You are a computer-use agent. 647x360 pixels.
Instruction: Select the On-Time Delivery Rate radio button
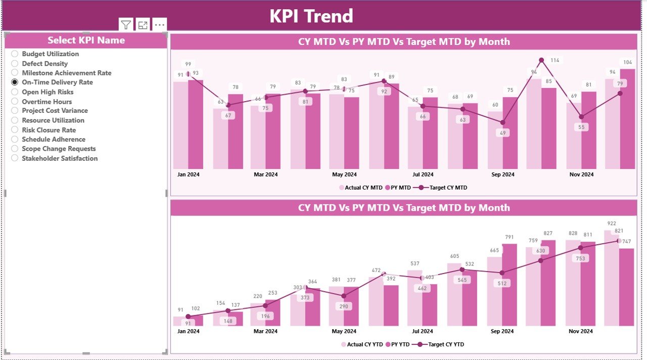(x=15, y=82)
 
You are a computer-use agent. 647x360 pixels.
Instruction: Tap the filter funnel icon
(x=126, y=25)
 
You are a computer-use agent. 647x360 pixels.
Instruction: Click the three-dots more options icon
(x=159, y=25)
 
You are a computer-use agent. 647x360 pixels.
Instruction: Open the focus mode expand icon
(x=143, y=25)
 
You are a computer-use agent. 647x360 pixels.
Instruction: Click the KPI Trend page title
(x=311, y=16)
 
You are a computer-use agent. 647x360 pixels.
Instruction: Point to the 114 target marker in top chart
(x=541, y=60)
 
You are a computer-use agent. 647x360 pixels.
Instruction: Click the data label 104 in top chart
(x=627, y=63)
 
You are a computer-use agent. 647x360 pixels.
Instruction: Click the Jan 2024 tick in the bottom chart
(x=188, y=332)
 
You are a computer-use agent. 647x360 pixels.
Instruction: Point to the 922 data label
(x=611, y=223)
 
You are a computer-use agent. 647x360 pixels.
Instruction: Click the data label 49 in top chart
(x=502, y=133)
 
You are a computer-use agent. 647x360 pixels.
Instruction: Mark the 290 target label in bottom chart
(x=344, y=306)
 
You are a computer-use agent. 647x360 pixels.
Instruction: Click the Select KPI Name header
(x=86, y=40)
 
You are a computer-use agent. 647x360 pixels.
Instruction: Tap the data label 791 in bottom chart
(x=509, y=237)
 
